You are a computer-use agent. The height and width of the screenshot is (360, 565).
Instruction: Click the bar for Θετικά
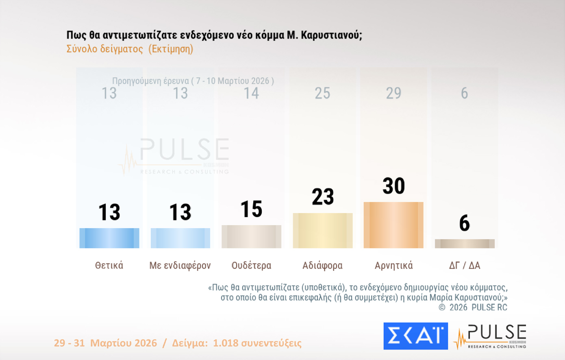click(x=109, y=238)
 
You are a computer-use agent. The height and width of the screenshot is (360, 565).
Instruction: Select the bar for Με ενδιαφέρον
click(x=180, y=238)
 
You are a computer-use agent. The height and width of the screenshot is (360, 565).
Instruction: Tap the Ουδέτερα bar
click(x=251, y=237)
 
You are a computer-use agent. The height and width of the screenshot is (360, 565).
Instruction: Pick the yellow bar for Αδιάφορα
click(x=323, y=231)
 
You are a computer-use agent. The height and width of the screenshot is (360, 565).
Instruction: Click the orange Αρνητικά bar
click(x=393, y=225)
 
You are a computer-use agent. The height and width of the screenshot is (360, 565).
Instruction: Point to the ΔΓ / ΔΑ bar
click(x=465, y=244)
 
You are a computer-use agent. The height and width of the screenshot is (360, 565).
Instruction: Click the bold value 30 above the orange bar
click(x=393, y=186)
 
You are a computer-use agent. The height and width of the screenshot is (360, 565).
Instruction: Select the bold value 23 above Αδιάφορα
click(x=323, y=197)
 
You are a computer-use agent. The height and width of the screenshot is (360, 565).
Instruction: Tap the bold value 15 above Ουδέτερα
click(x=251, y=209)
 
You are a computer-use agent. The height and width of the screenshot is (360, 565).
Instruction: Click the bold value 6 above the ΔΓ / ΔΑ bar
click(x=465, y=223)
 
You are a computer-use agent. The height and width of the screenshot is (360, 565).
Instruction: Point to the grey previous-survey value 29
click(x=393, y=94)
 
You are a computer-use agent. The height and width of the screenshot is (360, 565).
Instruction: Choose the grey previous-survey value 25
click(x=322, y=94)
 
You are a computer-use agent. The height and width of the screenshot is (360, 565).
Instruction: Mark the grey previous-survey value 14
click(x=251, y=94)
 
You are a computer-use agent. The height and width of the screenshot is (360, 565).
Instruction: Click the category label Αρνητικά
click(x=393, y=266)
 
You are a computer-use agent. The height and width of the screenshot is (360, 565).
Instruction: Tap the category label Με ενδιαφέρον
click(x=180, y=266)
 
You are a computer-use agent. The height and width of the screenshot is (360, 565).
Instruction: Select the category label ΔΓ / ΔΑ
click(x=465, y=266)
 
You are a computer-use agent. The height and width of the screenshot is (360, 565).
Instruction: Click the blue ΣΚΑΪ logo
click(x=415, y=336)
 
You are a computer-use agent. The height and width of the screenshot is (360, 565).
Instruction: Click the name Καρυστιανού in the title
click(x=331, y=35)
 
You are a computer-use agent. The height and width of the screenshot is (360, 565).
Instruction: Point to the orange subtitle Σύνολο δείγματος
click(x=105, y=49)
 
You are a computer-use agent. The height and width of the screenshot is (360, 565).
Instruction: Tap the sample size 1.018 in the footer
click(x=226, y=343)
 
